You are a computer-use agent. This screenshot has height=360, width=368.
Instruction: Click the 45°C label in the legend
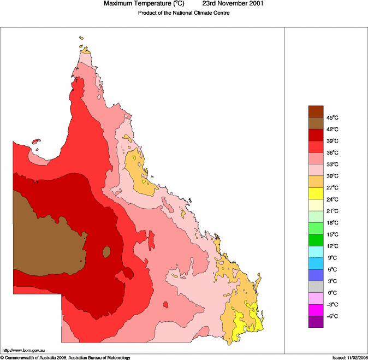pos(333,117)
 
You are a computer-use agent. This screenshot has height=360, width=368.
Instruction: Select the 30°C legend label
pos(333,176)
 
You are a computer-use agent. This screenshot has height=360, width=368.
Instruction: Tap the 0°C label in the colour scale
pos(333,293)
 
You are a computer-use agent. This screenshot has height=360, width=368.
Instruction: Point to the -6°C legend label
pos(333,316)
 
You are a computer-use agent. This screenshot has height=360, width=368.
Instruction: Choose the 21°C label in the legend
pos(333,211)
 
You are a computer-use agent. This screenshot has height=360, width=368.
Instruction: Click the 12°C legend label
pos(333,246)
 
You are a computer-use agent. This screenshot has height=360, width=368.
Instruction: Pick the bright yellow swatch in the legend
pos(316,193)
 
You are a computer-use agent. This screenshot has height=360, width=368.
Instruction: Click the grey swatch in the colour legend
pos(316,287)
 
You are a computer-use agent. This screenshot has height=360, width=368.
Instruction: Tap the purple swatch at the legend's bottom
pos(316,322)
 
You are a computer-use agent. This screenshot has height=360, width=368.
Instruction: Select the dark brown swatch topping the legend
pos(316,111)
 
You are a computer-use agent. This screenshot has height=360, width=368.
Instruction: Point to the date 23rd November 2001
pos(234,4)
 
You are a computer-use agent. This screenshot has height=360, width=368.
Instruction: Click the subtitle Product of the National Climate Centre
pos(183,13)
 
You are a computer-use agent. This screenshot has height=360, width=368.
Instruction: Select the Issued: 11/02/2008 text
pos(349,357)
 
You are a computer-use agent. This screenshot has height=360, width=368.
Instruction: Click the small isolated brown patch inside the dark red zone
pos(106,252)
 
